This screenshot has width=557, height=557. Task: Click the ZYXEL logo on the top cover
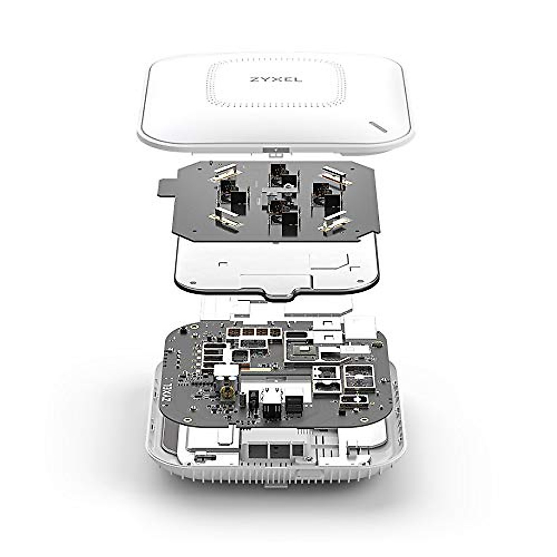point(276,78)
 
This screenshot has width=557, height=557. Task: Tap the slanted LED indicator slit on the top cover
point(378,127)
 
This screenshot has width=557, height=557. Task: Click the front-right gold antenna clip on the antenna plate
point(334,221)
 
